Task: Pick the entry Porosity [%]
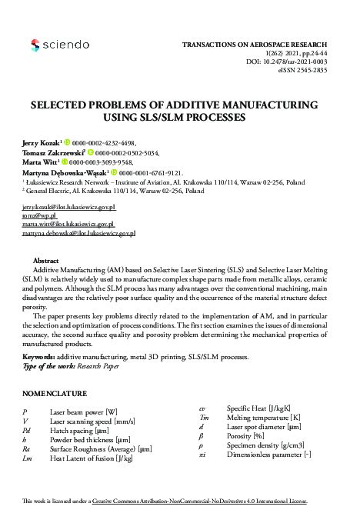[245, 435]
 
